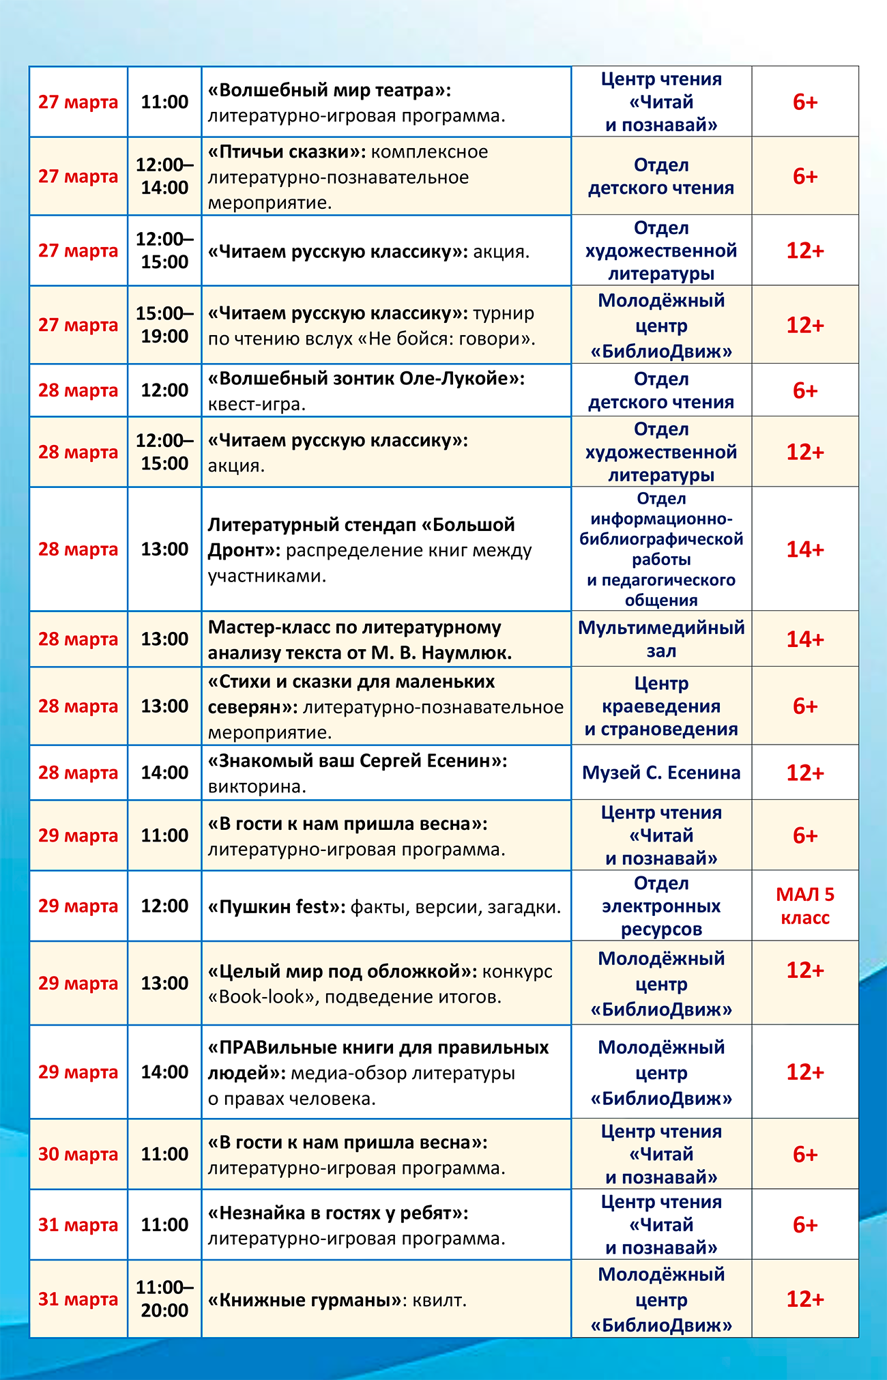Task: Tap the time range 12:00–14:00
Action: pos(164,176)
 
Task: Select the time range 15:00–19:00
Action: pos(164,325)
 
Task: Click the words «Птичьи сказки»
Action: pos(287,152)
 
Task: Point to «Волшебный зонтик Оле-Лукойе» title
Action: pos(366,378)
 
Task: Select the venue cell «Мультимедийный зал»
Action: pos(661,639)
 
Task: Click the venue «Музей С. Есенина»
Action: pos(661,773)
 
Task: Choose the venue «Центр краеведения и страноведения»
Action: pos(661,706)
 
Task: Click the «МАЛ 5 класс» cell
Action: pos(805,906)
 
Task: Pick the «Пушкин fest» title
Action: pos(276,906)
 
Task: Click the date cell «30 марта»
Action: pos(78,1154)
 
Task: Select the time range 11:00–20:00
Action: pos(164,1299)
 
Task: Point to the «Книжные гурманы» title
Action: pos(304,1299)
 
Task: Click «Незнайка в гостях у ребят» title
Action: pos(338,1213)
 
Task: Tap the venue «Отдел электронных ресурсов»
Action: pos(661,906)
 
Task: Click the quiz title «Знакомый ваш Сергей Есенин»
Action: pos(358,760)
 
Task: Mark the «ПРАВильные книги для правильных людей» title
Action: pos(379,1059)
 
